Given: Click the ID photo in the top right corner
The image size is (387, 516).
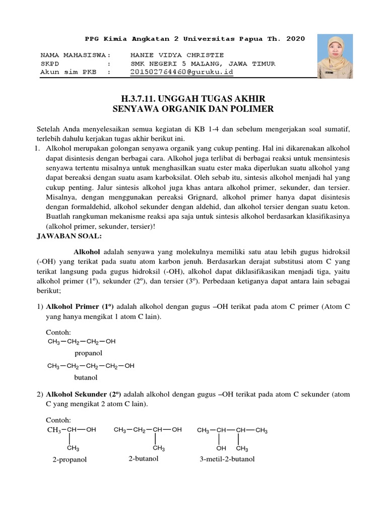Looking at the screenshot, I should tap(335, 56).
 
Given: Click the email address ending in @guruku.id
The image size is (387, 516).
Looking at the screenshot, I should tap(181, 72).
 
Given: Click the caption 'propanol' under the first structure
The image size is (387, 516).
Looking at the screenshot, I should tap(89, 353).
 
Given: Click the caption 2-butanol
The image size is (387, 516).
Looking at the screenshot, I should tap(144, 459).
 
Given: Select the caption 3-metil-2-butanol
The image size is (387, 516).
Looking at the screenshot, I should tap(227, 459).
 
